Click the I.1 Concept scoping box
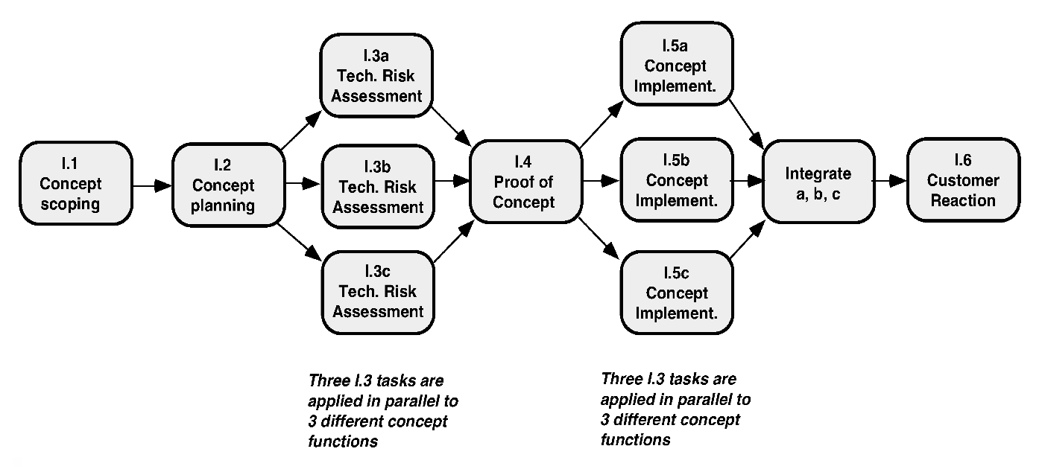76,183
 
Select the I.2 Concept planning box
228,185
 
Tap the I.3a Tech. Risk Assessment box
376,75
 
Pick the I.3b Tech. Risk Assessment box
378,186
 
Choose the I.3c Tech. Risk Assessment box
378,293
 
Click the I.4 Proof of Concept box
525,182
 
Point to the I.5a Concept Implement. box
677,63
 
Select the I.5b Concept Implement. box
677,179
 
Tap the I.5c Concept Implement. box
677,293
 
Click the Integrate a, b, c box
818,182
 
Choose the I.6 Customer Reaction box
964,179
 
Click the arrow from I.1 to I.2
152,186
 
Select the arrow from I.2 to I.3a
301,130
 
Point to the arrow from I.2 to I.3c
300,242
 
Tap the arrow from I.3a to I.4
452,126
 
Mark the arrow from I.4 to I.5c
599,237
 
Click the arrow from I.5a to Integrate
747,124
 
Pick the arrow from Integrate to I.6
889,180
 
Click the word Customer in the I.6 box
963,180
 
